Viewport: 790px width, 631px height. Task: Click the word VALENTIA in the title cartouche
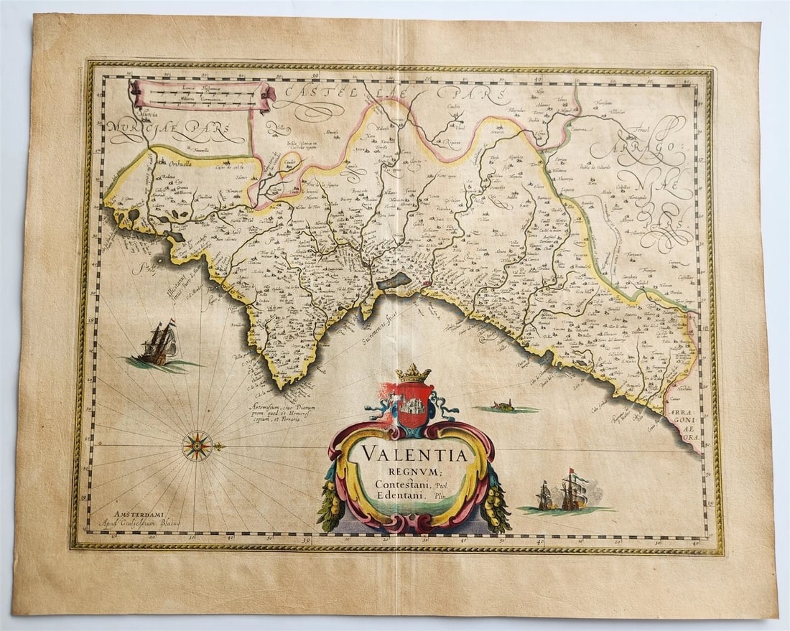[x=413, y=454]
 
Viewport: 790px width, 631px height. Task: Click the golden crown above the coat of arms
[x=413, y=373]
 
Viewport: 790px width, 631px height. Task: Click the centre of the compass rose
[x=197, y=446]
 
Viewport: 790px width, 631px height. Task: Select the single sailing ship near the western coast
[x=159, y=344]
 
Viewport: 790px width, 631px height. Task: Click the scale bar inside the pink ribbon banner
[x=201, y=95]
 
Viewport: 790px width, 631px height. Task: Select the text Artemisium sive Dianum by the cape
[x=282, y=408]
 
